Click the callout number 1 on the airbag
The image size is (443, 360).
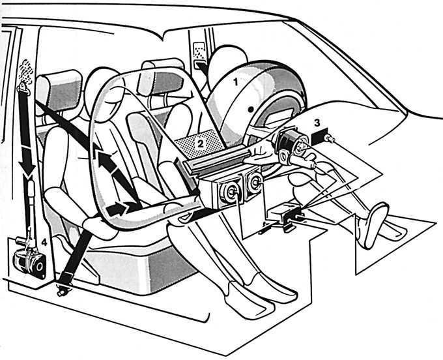click(236, 82)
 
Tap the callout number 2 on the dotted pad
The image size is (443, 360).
click(200, 144)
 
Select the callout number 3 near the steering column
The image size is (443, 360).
click(317, 123)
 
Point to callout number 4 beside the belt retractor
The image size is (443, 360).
click(44, 243)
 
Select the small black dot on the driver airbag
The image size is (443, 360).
click(250, 109)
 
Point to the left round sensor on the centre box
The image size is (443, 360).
click(230, 192)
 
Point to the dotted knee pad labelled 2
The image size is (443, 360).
click(199, 143)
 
